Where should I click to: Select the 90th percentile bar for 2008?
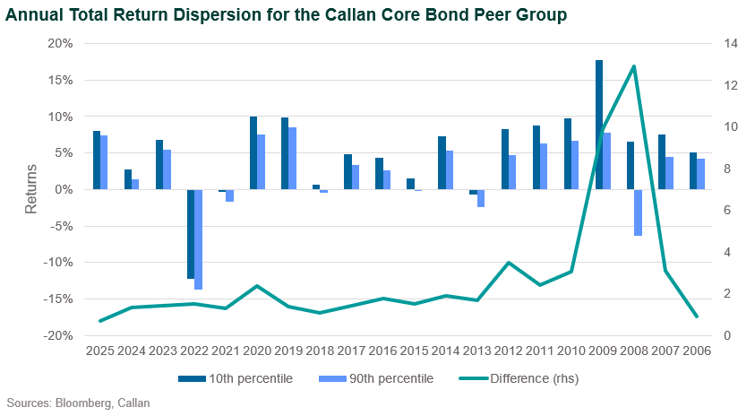[638, 212]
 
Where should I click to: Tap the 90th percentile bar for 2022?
[198, 239]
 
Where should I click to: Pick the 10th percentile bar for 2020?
[253, 153]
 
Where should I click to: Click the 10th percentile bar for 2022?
[191, 234]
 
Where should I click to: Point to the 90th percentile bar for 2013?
[481, 198]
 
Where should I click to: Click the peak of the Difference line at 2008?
[634, 66]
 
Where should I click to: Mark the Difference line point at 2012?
[509, 263]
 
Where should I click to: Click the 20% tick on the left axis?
[60, 43]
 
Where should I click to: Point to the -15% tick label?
[58, 299]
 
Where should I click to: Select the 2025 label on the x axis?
[100, 351]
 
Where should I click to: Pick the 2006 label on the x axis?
[696, 351]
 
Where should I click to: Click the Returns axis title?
[30, 189]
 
